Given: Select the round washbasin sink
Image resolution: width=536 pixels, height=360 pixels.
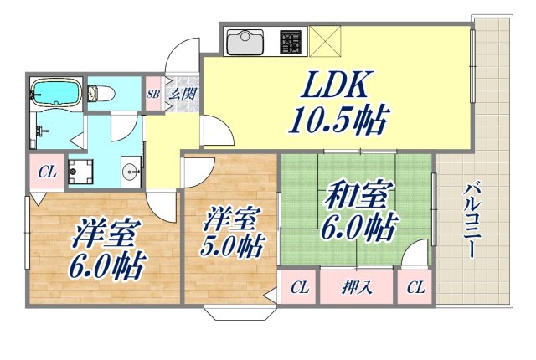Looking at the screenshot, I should pos(130,172).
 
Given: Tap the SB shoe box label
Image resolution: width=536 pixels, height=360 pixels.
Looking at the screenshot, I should pos(153,94).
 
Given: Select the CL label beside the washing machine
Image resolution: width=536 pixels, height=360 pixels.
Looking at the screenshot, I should pos(47,172).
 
